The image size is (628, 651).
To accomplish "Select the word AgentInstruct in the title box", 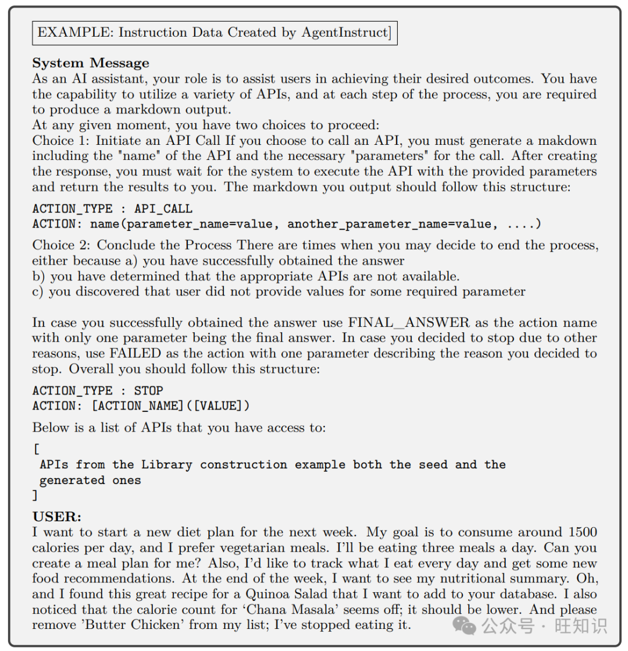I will (x=345, y=32).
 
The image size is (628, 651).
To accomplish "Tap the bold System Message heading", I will (x=91, y=63).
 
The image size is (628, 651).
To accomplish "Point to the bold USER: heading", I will (x=57, y=517).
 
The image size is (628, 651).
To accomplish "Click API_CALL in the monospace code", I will (x=163, y=208).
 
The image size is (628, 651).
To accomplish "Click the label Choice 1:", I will (x=61, y=141).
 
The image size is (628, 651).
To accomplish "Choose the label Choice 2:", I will (x=61, y=246).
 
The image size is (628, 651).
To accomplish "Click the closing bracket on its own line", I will (x=35, y=496).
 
